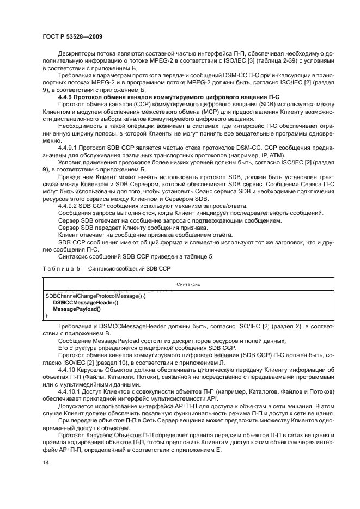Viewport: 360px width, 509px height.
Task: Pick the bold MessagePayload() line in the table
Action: (x=77, y=308)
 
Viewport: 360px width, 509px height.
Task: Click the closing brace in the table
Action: (x=46, y=315)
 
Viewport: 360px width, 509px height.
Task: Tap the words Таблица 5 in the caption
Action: (x=64, y=269)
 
